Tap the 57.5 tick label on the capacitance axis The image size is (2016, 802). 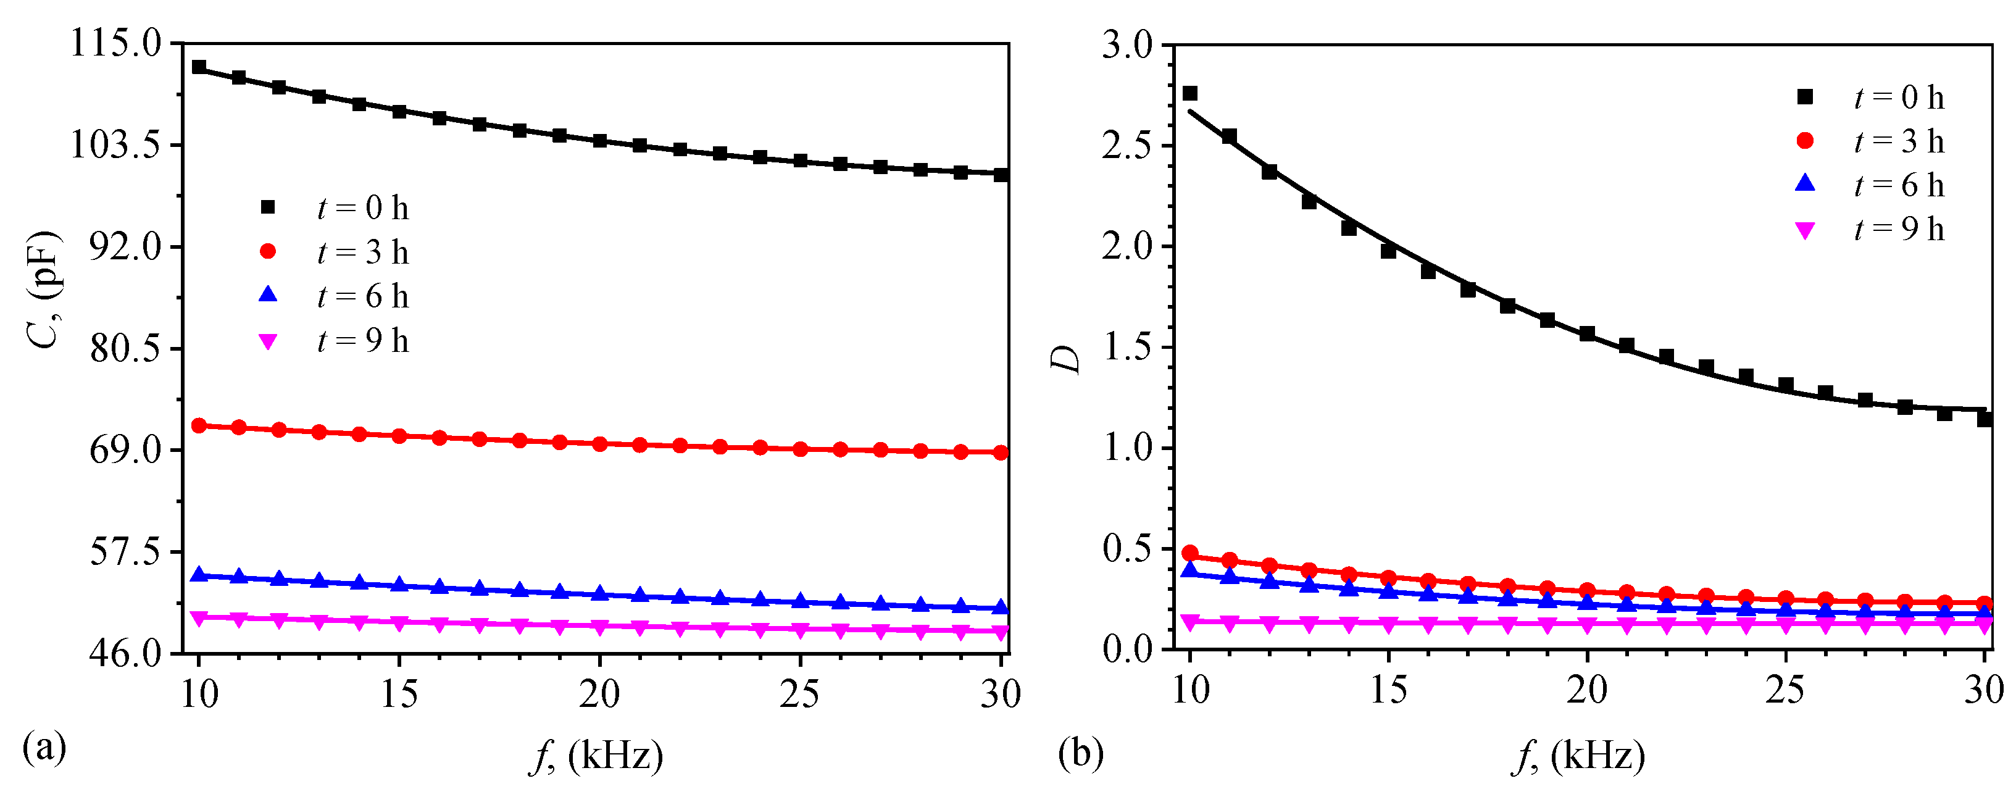(x=125, y=553)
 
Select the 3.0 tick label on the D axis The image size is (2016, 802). (x=1127, y=46)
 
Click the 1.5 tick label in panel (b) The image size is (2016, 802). (x=1127, y=348)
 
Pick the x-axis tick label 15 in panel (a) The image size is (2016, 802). (x=399, y=694)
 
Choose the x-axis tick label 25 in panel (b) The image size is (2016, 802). (x=1785, y=690)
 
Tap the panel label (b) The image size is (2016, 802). (x=1081, y=753)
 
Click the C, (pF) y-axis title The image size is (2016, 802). (x=44, y=290)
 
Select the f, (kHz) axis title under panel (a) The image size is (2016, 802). (x=596, y=756)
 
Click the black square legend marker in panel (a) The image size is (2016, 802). (x=269, y=207)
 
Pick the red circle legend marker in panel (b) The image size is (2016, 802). (x=1805, y=141)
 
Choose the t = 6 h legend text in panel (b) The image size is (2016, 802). (x=1899, y=185)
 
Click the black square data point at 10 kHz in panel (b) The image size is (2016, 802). (x=1189, y=94)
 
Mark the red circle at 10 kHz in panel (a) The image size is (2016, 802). (x=199, y=425)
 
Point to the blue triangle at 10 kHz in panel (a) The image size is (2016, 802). (x=199, y=575)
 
